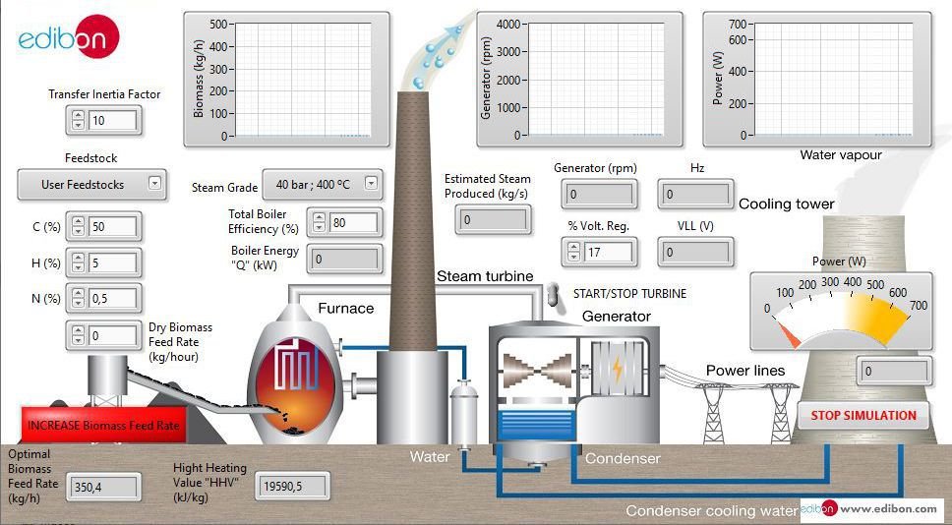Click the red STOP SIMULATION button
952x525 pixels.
click(863, 415)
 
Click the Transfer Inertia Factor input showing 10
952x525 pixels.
click(112, 120)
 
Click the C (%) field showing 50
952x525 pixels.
click(112, 227)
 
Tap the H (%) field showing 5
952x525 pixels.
click(112, 262)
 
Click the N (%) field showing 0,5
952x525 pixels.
click(112, 298)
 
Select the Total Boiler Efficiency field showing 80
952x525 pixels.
click(352, 222)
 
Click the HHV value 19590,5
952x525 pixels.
click(292, 485)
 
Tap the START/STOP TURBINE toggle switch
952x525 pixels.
click(553, 293)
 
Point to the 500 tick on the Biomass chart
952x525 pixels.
click(218, 24)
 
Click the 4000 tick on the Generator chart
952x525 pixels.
click(506, 24)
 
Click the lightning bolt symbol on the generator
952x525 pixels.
click(617, 370)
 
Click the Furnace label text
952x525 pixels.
click(345, 308)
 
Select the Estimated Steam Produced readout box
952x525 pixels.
click(493, 219)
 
